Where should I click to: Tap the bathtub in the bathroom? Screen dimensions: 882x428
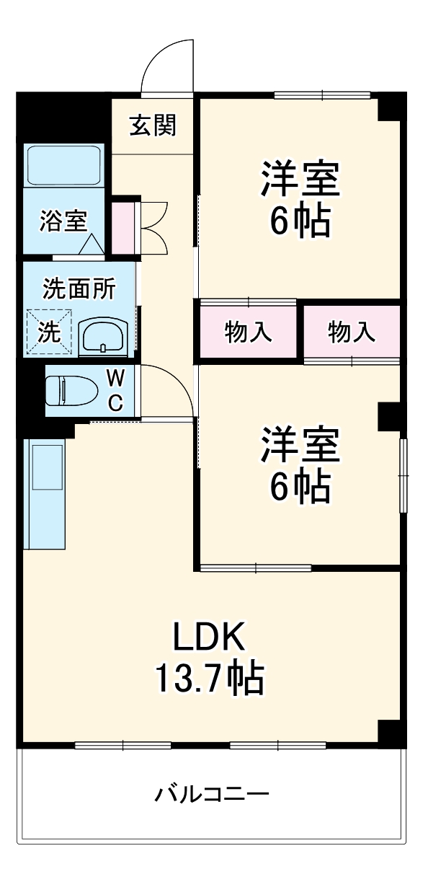(63, 165)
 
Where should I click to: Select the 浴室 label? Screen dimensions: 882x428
(63, 221)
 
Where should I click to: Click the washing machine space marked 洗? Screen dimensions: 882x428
(50, 331)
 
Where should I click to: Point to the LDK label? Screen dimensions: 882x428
(209, 636)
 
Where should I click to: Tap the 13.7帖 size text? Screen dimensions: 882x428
(209, 677)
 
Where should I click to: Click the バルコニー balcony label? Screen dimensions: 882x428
(212, 795)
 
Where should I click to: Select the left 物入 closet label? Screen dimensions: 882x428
(248, 332)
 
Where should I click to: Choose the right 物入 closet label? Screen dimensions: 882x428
(352, 332)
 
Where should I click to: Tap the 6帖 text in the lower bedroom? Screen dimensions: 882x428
(300, 488)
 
